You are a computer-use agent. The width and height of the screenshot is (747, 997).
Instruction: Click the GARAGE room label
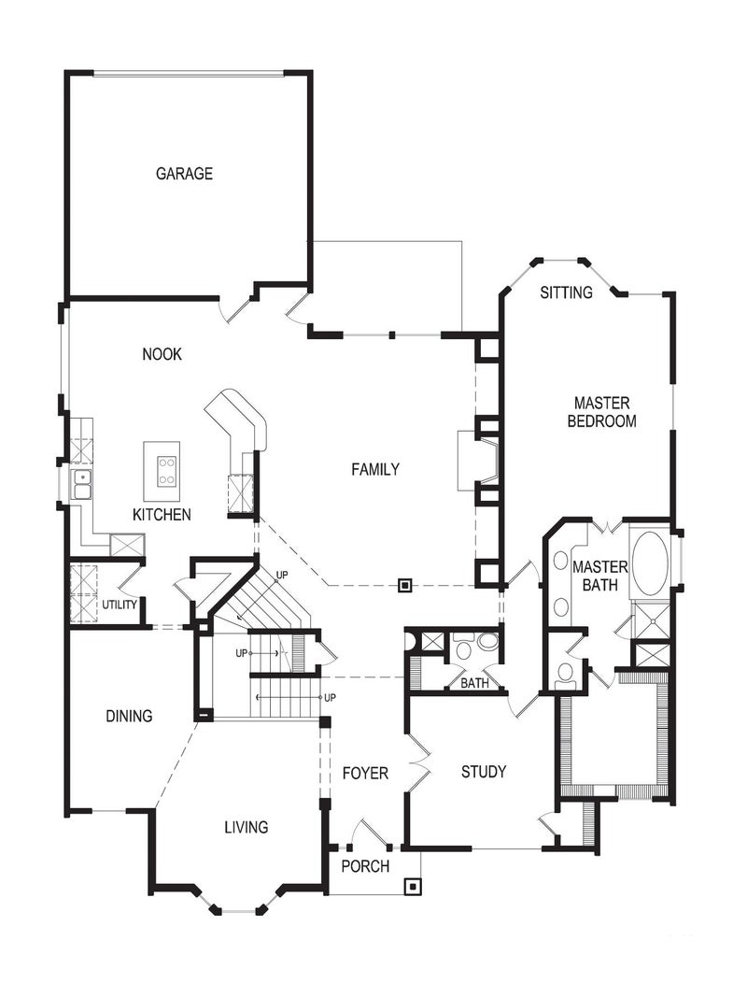184,174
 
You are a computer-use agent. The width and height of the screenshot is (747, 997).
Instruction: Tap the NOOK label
162,354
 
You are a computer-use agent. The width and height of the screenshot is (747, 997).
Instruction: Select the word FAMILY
375,469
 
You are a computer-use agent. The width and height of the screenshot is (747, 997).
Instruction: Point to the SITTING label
566,292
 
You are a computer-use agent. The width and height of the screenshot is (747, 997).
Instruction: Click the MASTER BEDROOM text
602,412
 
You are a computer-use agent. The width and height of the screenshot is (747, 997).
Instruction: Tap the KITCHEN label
162,515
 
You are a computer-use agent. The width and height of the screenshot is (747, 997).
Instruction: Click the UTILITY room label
120,605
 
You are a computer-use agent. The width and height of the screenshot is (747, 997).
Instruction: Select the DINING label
129,717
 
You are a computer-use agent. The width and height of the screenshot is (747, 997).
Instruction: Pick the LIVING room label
246,827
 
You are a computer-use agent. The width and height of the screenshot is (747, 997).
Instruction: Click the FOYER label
364,773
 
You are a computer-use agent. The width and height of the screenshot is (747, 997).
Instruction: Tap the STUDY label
484,772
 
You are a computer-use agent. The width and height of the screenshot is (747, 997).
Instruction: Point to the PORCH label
365,866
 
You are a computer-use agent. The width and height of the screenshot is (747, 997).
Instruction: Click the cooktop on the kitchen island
167,470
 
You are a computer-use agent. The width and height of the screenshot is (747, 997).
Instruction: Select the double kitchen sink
81,484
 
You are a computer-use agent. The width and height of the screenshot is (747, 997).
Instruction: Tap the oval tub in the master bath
650,565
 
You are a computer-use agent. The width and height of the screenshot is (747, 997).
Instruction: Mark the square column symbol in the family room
405,586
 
